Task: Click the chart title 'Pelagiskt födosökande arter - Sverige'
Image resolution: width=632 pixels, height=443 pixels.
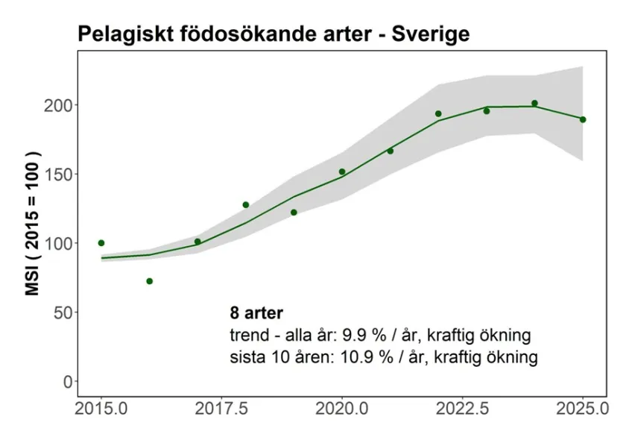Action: (273, 34)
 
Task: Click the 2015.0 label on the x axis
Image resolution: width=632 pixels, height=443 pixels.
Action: (101, 409)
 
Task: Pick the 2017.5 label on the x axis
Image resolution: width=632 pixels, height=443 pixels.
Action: (221, 409)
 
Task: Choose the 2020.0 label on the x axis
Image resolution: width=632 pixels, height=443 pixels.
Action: (342, 409)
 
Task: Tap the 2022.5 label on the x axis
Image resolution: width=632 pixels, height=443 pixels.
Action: (463, 409)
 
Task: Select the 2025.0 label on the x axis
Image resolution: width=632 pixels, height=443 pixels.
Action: (582, 409)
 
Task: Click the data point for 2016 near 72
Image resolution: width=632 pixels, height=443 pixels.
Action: (150, 281)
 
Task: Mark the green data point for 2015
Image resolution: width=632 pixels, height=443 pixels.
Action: (101, 243)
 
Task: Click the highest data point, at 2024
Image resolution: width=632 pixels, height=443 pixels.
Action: (534, 104)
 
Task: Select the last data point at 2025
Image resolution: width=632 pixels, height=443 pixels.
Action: (583, 119)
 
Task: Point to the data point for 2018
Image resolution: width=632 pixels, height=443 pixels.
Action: (246, 204)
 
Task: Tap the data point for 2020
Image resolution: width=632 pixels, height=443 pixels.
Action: (342, 172)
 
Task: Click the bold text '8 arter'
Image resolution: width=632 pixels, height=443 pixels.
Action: (257, 312)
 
